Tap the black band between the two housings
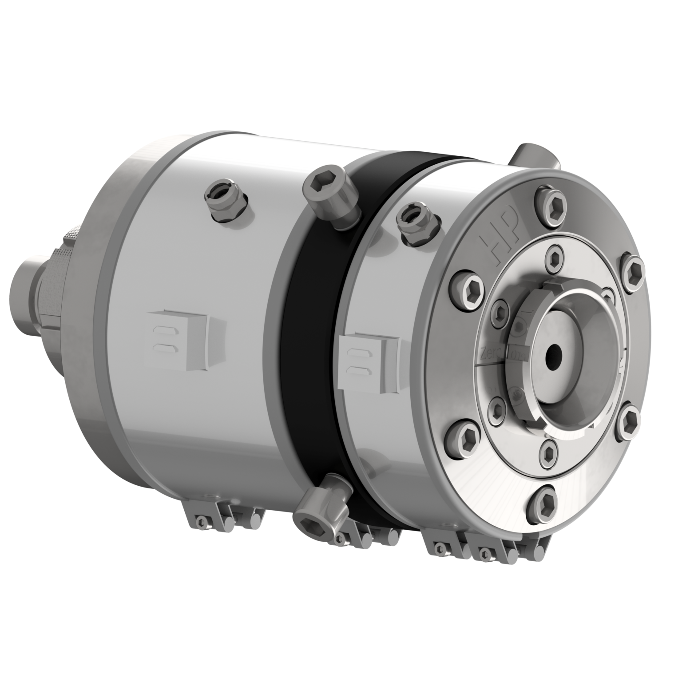311,337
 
